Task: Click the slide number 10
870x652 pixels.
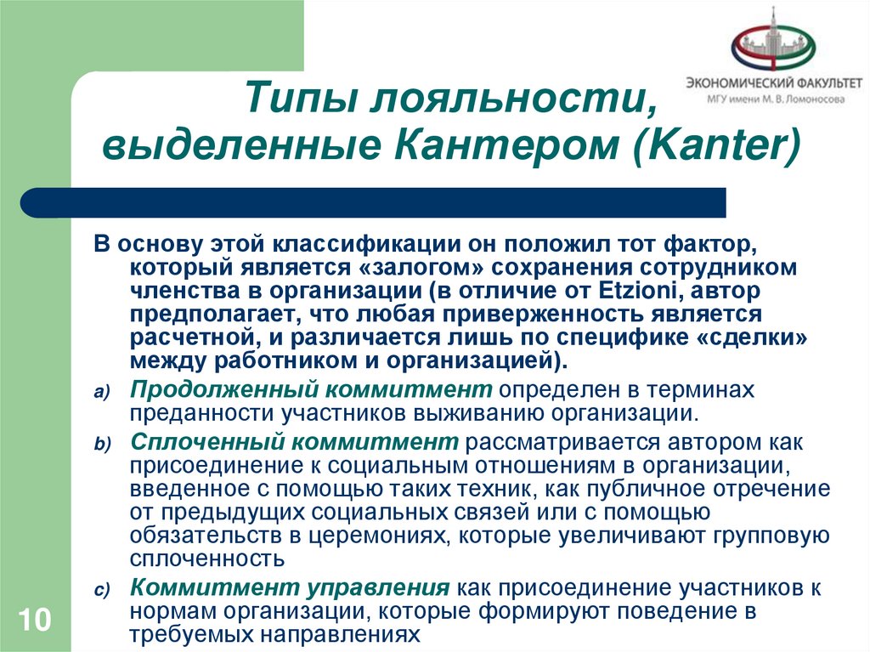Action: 31,618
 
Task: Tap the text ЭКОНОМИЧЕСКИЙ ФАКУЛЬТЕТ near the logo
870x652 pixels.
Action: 774,83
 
